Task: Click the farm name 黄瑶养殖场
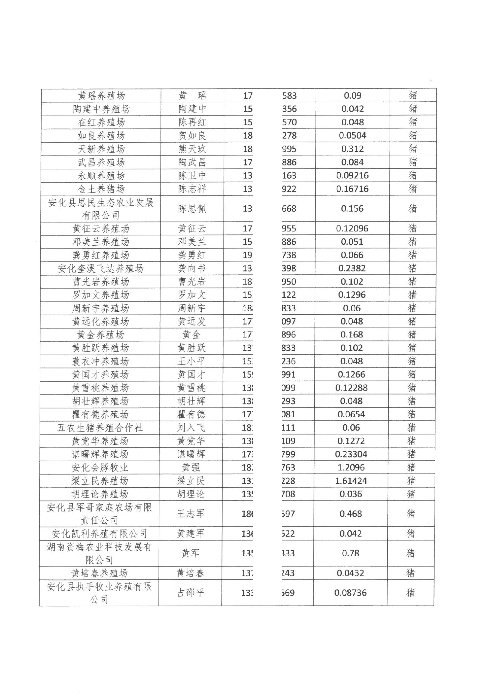pyautogui.click(x=101, y=96)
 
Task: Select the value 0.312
pyautogui.click(x=353, y=149)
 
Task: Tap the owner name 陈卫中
pyautogui.click(x=192, y=176)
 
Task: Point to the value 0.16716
pyautogui.click(x=352, y=189)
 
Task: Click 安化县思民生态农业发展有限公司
pyautogui.click(x=101, y=209)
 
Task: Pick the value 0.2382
pyautogui.click(x=352, y=268)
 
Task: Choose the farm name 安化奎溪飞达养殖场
pyautogui.click(x=101, y=268)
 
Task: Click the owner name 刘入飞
pyautogui.click(x=191, y=428)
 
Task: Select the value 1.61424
pyautogui.click(x=351, y=481)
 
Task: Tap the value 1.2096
pyautogui.click(x=351, y=468)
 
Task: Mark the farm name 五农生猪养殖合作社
pyautogui.click(x=100, y=428)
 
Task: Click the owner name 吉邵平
pyautogui.click(x=191, y=593)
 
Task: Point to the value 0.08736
pyautogui.click(x=350, y=593)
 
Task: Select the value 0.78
pyautogui.click(x=351, y=553)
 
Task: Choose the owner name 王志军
pyautogui.click(x=191, y=513)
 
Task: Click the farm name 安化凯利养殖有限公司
pyautogui.click(x=99, y=534)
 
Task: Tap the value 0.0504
pyautogui.click(x=353, y=135)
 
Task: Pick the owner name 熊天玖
pyautogui.click(x=192, y=149)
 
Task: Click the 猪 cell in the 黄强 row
pyautogui.click(x=411, y=468)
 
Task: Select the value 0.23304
pyautogui.click(x=351, y=454)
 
